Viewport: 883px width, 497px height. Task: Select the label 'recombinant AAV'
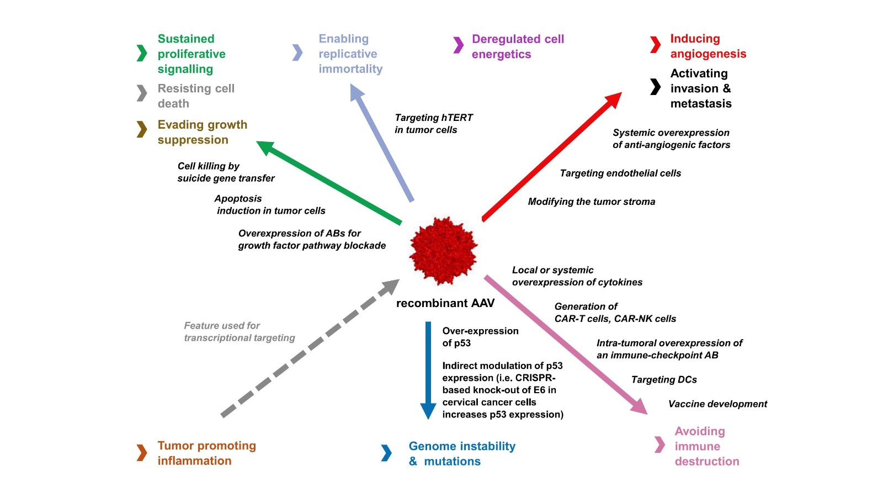coord(445,303)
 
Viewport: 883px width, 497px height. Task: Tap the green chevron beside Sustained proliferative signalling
coord(142,53)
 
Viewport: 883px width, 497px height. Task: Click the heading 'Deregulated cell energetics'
coord(517,46)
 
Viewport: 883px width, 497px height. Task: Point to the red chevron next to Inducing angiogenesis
coord(655,45)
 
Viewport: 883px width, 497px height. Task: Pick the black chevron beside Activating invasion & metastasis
coord(655,87)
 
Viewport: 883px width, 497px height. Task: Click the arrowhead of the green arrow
coord(265,147)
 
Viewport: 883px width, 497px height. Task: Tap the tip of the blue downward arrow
coord(428,411)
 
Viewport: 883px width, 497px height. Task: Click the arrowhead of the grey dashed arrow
coord(390,287)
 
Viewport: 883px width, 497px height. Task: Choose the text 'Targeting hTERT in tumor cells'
coord(433,124)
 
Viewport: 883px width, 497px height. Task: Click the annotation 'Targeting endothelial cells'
coord(620,173)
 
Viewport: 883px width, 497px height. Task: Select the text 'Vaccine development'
coord(717,404)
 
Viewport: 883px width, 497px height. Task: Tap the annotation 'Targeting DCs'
coord(664,380)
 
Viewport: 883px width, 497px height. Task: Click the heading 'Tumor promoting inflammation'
coord(206,453)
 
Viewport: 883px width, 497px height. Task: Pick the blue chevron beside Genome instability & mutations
coord(386,453)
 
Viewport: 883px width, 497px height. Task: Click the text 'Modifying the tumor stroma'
coord(591,202)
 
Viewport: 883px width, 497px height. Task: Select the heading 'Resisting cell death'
coord(195,96)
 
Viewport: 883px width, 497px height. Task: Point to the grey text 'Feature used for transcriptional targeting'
coord(239,332)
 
